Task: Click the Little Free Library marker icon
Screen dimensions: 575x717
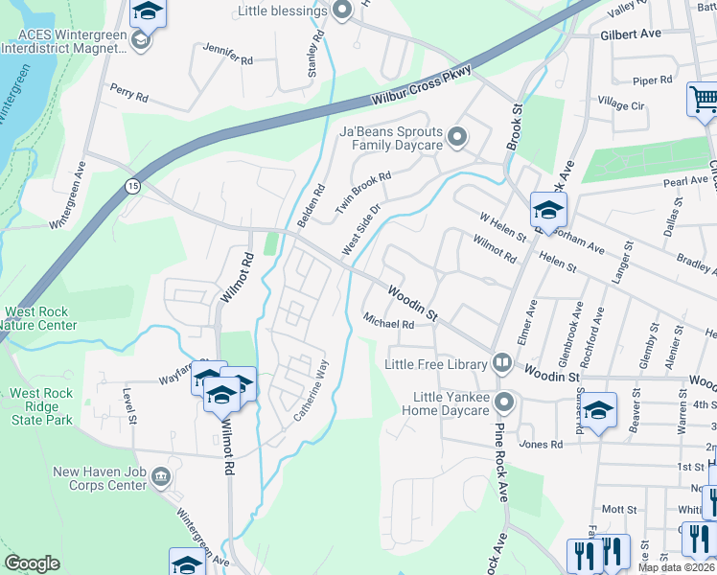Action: (501, 362)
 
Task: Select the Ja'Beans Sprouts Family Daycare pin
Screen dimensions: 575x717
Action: (457, 137)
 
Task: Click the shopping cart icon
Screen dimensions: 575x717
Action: (702, 100)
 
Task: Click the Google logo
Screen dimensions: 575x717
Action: (33, 563)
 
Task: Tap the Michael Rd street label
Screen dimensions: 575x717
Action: (387, 323)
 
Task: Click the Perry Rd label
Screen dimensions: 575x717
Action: (128, 97)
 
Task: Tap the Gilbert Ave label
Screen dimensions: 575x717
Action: (631, 34)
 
